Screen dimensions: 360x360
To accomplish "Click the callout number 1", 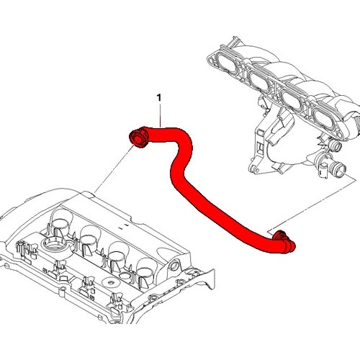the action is [158, 98].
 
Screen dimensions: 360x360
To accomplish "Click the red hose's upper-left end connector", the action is [139, 138].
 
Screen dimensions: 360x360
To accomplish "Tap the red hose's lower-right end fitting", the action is [285, 242].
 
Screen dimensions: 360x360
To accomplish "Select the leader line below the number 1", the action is [160, 115].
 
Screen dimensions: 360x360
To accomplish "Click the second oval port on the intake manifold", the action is [260, 82].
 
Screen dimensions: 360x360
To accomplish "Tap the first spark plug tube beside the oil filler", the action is [61, 220].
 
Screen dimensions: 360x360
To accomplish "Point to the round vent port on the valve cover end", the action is [174, 266].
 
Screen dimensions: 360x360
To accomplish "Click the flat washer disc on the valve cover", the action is [111, 282].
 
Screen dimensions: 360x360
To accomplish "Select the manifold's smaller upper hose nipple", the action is [334, 145].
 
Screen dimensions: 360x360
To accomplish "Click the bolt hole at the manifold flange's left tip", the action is [210, 62].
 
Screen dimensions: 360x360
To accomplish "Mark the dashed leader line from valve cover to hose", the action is [113, 168].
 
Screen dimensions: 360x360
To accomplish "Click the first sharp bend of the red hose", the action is [186, 138].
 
